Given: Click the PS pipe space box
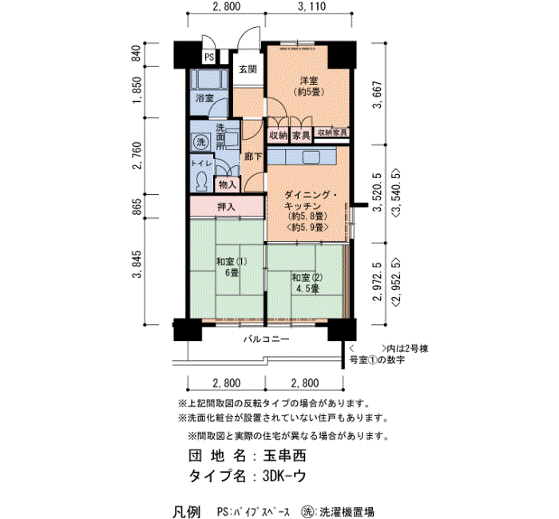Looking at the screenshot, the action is [x=209, y=57].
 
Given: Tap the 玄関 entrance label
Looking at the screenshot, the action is [x=248, y=69].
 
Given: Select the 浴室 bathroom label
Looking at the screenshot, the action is [x=204, y=98].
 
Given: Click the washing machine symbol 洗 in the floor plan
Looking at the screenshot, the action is [x=201, y=142].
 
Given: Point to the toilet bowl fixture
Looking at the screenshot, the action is [x=202, y=180].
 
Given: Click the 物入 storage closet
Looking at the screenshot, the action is [x=228, y=184].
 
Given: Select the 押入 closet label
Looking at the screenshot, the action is [x=226, y=207].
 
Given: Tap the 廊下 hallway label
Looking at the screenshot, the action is [x=253, y=156].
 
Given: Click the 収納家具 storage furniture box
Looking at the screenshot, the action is [x=331, y=133].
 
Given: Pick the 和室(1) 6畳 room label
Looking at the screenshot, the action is [x=232, y=267].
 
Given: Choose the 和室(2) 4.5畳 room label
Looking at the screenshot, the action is [x=307, y=283].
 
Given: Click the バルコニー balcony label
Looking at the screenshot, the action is [x=266, y=339].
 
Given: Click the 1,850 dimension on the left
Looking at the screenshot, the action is [x=137, y=91].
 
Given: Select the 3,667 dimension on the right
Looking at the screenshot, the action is [x=378, y=94].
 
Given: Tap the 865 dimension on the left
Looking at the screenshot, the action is [x=137, y=207].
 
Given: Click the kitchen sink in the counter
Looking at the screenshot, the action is [x=311, y=156].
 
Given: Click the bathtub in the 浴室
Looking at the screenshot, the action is [x=209, y=79].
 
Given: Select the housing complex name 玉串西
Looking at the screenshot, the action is [x=284, y=456].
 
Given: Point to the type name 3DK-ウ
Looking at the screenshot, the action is [x=284, y=476].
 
